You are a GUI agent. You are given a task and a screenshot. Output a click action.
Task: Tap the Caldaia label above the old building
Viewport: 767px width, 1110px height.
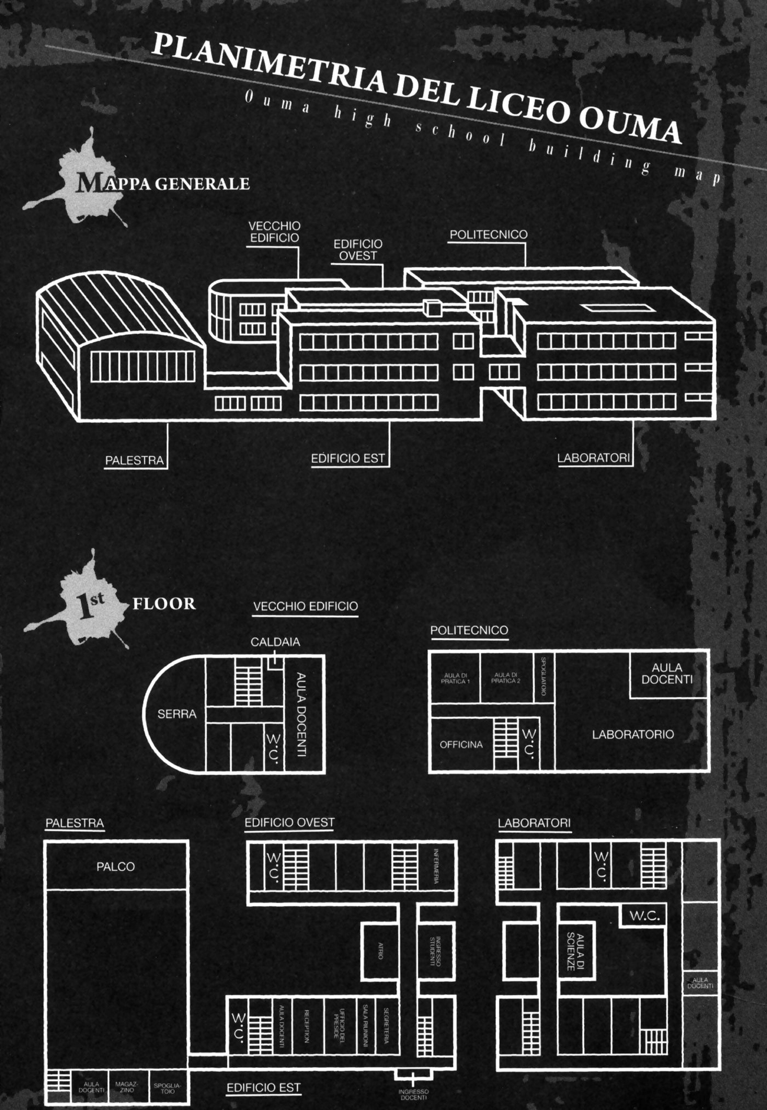tap(275, 642)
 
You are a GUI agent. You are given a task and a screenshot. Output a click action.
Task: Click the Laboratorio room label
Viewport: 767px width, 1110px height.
tap(632, 734)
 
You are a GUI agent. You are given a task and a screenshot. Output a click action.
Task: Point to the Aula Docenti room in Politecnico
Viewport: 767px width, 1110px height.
tap(667, 673)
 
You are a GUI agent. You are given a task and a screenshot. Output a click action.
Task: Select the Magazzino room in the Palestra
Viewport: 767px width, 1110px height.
tap(127, 1086)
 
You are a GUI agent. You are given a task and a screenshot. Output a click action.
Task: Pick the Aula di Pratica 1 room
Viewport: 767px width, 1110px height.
tap(455, 678)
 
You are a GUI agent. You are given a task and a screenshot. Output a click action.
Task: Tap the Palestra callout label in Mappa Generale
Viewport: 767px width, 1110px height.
tap(135, 460)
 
